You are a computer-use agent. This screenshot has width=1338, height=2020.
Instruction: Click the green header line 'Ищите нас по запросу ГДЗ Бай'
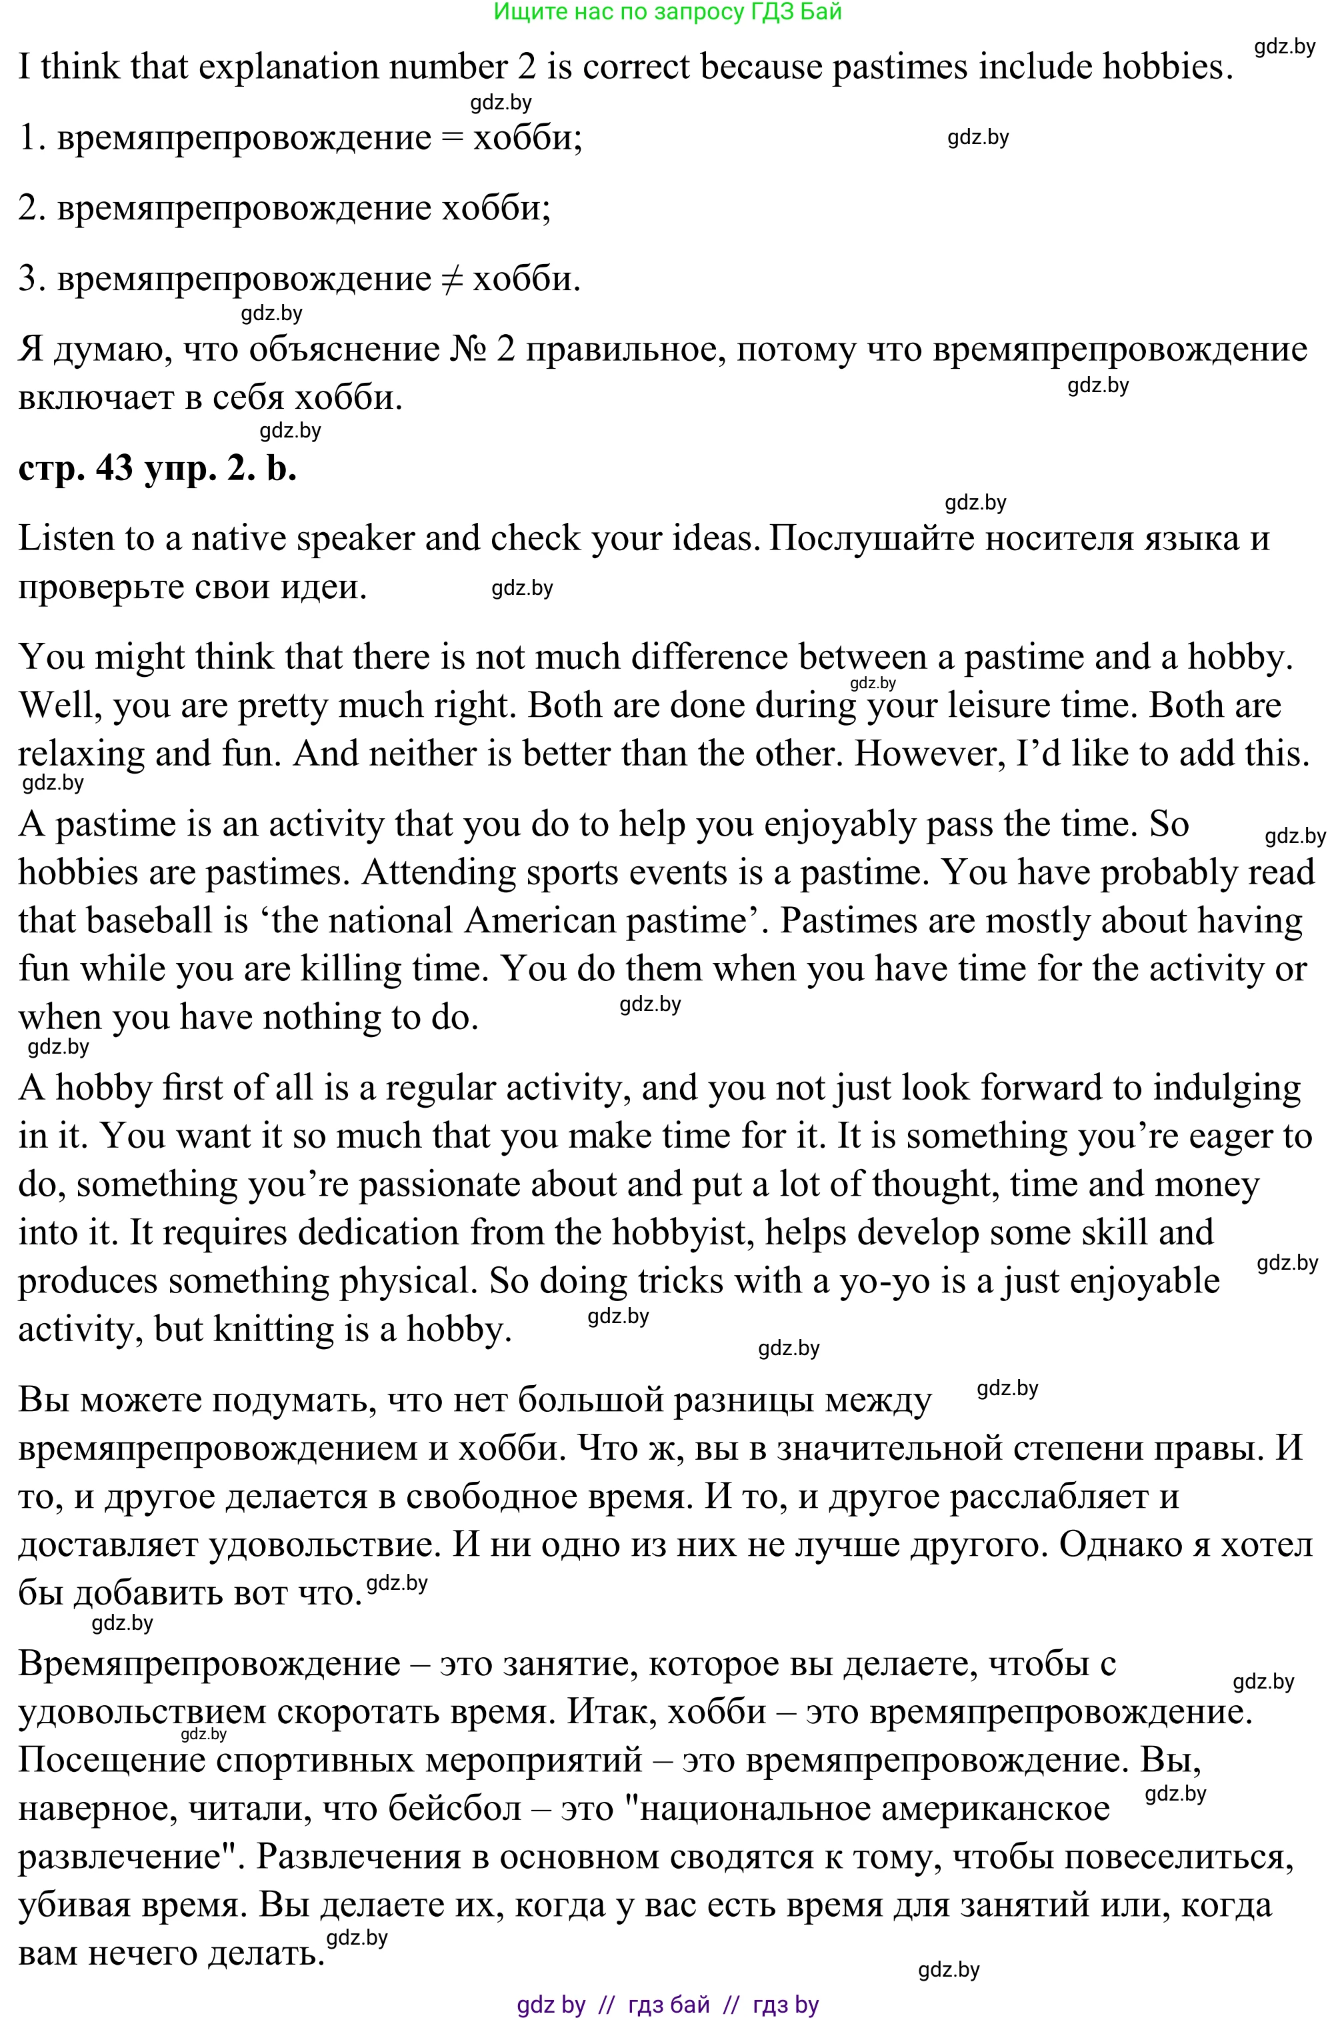[x=668, y=12]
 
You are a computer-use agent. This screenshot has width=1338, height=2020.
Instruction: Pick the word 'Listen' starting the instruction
[x=63, y=538]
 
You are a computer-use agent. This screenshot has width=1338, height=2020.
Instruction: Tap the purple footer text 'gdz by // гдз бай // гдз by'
[x=668, y=2005]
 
